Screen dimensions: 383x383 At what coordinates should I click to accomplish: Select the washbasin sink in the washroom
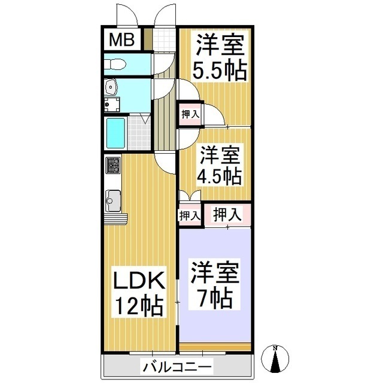(111, 89)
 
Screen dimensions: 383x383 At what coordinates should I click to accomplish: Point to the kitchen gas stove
(113, 165)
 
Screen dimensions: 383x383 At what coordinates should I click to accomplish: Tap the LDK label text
(139, 281)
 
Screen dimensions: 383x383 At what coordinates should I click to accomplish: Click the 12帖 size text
(139, 306)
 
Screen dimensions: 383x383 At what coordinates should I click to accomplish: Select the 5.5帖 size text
(219, 70)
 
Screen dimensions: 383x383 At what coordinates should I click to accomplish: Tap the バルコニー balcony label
(177, 365)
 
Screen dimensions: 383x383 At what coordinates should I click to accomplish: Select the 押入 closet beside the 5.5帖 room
(190, 114)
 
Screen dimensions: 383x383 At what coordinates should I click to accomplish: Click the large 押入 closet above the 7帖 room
(227, 214)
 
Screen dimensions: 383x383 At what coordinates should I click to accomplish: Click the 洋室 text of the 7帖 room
(215, 272)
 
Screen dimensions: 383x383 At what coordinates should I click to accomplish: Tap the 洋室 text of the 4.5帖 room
(220, 154)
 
